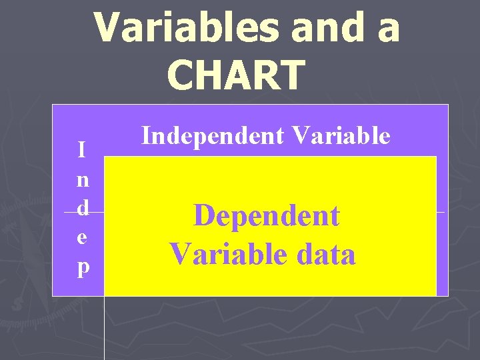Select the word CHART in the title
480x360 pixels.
(237, 74)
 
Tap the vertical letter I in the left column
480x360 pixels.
(81, 150)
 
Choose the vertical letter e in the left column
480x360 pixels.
(81, 237)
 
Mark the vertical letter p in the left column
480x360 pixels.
(81, 267)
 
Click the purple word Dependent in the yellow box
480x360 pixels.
(266, 216)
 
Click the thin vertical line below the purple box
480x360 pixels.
(104, 327)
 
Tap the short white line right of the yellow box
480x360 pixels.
(441, 211)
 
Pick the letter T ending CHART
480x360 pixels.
(291, 74)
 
